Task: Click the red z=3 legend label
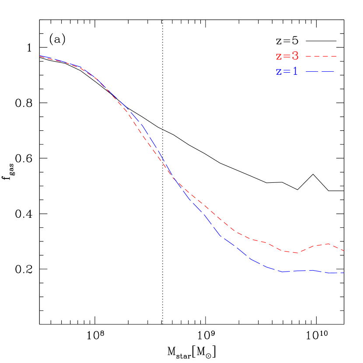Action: [x=287, y=56]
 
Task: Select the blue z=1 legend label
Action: [x=287, y=71]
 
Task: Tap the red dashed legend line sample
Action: [x=321, y=56]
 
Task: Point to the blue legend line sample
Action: [x=320, y=71]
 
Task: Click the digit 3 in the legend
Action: [x=295, y=56]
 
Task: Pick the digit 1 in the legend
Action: [x=295, y=71]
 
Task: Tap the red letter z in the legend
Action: [x=279, y=57]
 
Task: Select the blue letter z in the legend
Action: [x=279, y=72]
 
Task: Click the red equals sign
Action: [x=286, y=57]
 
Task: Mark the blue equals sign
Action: [x=286, y=72]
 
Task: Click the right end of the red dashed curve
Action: [x=345, y=251]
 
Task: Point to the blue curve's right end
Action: [x=345, y=273]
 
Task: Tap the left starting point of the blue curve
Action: [x=40, y=56]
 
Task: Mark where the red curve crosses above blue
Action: [x=175, y=180]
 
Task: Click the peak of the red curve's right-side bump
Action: [x=327, y=244]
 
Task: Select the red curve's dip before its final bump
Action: [x=297, y=253]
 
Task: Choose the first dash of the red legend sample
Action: [x=307, y=56]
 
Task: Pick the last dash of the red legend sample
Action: [x=335, y=56]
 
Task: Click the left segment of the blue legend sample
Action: [x=312, y=71]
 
